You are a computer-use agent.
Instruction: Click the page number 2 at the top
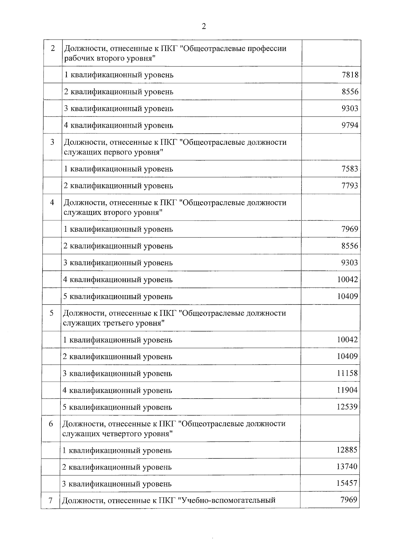click(x=203, y=27)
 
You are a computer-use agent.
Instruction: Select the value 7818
click(x=350, y=75)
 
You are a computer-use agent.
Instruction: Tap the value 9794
click(x=350, y=125)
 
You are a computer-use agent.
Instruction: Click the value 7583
click(x=350, y=169)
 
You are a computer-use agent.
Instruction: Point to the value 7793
click(x=350, y=186)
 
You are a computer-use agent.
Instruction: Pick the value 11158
click(x=347, y=373)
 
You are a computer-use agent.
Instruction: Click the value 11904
click(x=347, y=390)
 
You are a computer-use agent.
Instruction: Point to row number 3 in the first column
click(x=52, y=142)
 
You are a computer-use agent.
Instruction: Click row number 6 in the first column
click(x=51, y=424)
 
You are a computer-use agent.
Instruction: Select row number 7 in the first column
click(x=51, y=500)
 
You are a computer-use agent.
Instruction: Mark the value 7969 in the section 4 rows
click(x=350, y=229)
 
